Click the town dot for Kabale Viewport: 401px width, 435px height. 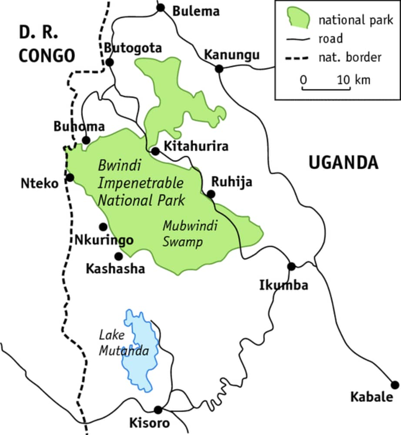click(x=395, y=385)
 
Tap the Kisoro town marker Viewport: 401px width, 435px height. click(x=158, y=410)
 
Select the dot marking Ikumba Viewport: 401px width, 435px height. click(x=291, y=266)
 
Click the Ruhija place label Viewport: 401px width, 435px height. click(x=231, y=182)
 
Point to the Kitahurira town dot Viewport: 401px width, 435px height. click(x=155, y=151)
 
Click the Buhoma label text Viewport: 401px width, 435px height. click(x=79, y=127)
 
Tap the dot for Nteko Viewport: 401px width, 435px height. click(x=70, y=177)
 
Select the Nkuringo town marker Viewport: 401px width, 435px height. click(x=103, y=227)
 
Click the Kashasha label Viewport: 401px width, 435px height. click(x=115, y=269)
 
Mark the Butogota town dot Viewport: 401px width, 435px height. click(x=110, y=63)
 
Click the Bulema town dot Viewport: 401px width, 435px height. click(x=161, y=7)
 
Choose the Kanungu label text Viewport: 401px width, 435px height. click(x=232, y=55)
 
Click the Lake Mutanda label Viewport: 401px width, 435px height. click(x=124, y=343)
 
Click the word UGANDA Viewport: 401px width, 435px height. click(x=344, y=162)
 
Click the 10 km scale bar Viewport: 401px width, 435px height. click(x=326, y=89)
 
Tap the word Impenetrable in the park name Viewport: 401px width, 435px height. click(x=140, y=183)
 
